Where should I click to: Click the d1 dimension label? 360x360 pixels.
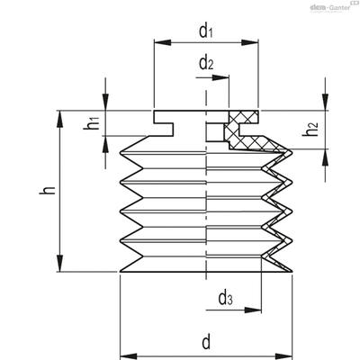coord(206,31)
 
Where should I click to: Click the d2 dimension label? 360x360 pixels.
coord(206,63)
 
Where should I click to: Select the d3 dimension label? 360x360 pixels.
coord(225,298)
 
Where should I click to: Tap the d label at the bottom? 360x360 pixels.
coord(206,342)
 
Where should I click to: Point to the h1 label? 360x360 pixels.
coord(92,123)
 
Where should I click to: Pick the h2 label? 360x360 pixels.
coord(310,129)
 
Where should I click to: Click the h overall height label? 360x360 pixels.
coord(48,190)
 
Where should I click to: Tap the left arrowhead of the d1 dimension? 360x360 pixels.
coord(162,42)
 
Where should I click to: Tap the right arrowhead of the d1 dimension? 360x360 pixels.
coord(249,42)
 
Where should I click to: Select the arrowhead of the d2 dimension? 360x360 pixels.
coord(220,77)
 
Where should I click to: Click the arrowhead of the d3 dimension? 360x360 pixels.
coord(253,310)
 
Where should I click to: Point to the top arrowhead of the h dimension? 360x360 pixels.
coord(60,120)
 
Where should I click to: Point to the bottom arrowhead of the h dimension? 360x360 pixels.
coord(60,263)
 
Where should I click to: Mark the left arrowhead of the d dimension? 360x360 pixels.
coord(129,357)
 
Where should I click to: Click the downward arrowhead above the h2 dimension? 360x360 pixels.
coord(325,102)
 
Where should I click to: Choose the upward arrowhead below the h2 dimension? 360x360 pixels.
coord(325,157)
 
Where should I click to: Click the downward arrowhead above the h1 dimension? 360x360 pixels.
coord(105,102)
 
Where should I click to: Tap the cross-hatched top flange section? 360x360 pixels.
coord(243,117)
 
